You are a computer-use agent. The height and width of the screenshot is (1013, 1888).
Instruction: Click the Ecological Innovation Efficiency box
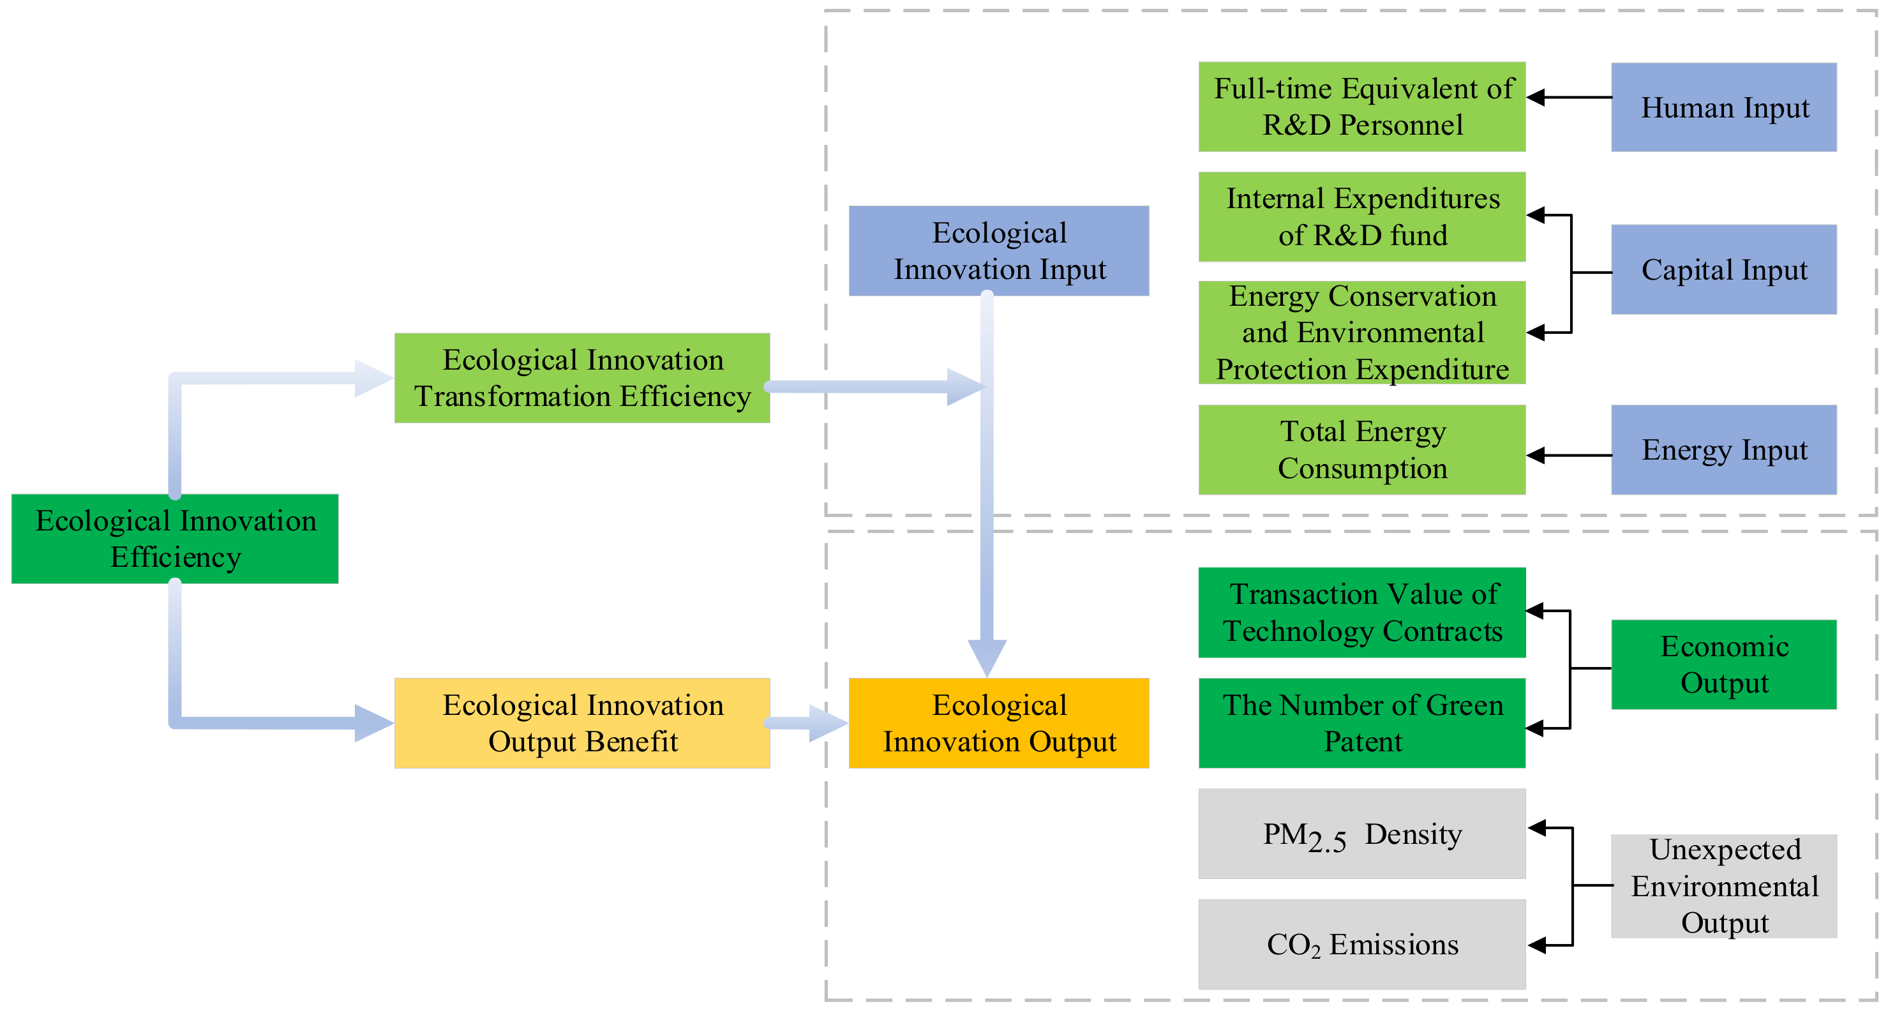(174, 539)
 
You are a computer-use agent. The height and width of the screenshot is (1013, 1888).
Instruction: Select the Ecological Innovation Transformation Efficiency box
(582, 379)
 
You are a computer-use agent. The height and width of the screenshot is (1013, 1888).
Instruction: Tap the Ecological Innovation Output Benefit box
(582, 723)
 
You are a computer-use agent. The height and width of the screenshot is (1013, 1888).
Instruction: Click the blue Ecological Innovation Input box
(998, 251)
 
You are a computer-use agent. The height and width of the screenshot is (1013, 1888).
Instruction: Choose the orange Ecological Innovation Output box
(998, 723)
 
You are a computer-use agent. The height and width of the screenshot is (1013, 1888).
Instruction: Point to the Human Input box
(1723, 107)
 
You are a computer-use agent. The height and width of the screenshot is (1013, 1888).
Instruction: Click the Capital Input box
(1723, 270)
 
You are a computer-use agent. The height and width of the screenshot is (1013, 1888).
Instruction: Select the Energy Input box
(1723, 449)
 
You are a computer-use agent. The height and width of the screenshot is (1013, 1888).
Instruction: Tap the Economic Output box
(1723, 664)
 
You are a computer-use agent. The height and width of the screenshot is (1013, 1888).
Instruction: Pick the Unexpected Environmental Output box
(1723, 885)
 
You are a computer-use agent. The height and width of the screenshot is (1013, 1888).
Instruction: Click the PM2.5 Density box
(1362, 834)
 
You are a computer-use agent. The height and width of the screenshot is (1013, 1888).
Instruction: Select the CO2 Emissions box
(1362, 944)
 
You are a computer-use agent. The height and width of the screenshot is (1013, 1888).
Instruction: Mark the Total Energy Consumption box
(1362, 449)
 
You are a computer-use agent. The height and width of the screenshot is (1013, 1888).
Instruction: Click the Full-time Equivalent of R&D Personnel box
(1362, 107)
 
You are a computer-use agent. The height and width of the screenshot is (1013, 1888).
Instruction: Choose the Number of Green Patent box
(1362, 723)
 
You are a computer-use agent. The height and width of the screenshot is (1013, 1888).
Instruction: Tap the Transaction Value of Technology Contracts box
(1362, 613)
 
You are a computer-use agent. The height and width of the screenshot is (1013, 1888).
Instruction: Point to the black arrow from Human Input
(1568, 98)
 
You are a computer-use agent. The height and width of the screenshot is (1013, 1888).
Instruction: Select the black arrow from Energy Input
(1568, 455)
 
